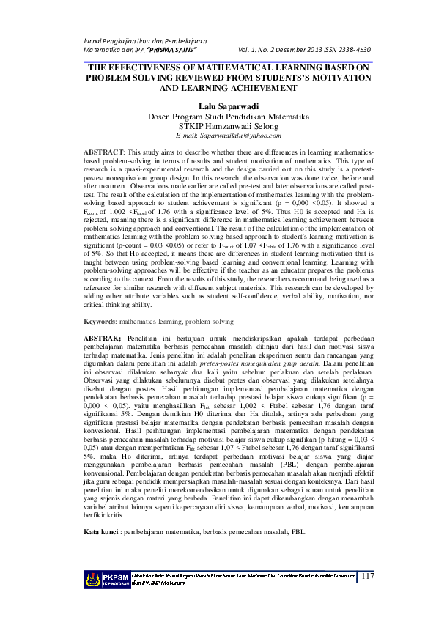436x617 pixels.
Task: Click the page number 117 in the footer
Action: pyautogui.click(x=367, y=577)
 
